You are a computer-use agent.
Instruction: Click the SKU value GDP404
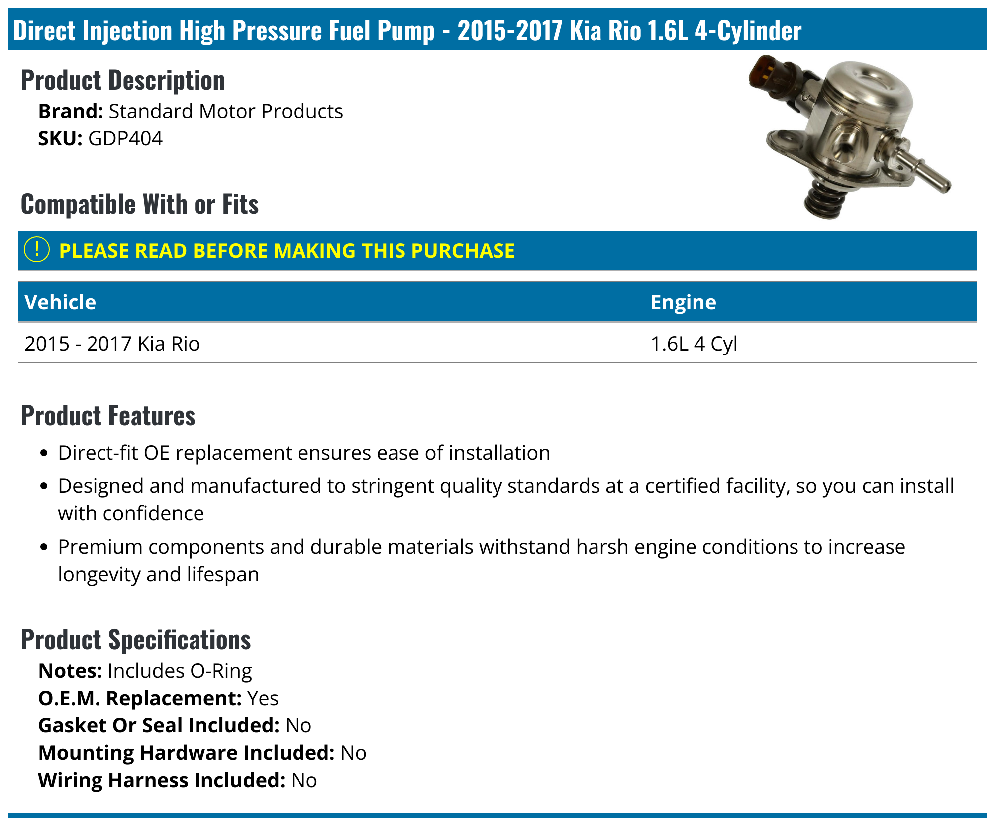point(125,138)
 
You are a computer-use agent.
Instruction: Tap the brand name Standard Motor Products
point(225,111)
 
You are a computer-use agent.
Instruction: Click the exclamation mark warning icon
point(37,250)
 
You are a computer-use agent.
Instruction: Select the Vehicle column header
point(60,302)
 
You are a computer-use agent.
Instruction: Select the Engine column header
point(683,302)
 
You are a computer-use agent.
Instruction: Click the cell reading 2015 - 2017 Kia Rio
point(112,344)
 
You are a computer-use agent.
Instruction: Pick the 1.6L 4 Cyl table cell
point(694,344)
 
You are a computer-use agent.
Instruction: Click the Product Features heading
point(108,416)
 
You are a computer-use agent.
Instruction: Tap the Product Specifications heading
point(135,640)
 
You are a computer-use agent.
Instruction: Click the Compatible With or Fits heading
point(140,204)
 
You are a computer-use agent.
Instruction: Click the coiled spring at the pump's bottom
point(824,200)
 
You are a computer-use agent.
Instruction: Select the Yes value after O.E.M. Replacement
point(263,698)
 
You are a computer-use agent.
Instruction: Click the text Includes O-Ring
point(180,671)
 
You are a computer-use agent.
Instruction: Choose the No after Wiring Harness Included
point(304,780)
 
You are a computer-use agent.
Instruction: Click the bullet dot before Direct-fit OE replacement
point(44,453)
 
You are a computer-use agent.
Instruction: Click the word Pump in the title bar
point(405,30)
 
